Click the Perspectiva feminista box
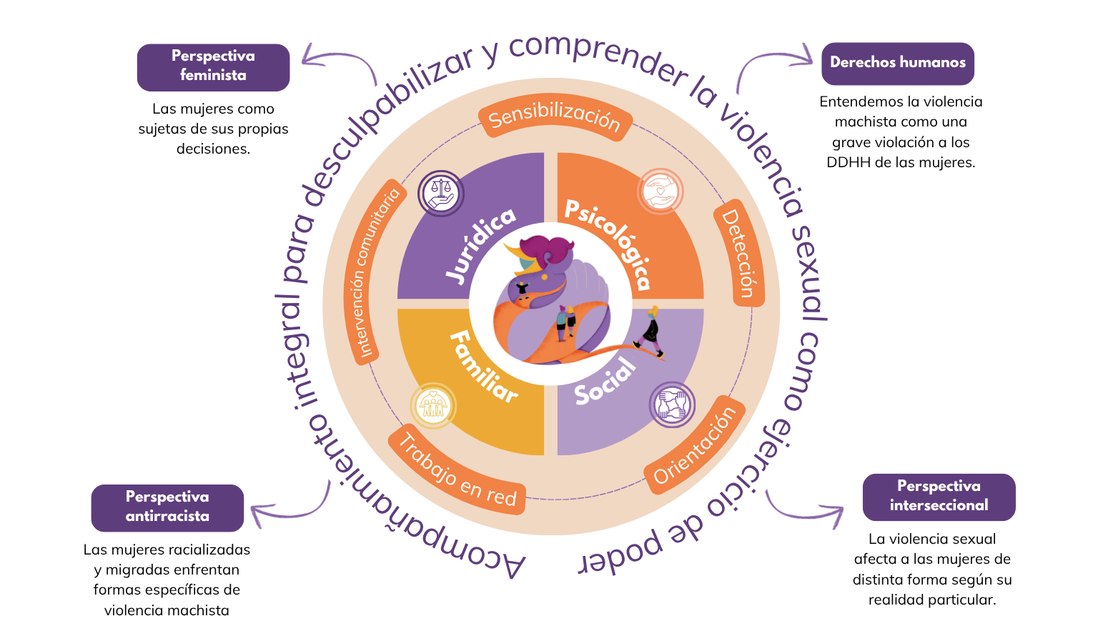coord(213,66)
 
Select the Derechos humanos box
coord(897,63)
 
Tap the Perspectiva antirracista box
coord(167,507)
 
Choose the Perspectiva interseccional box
coord(939,496)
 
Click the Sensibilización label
coord(555,119)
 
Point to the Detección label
coord(738,253)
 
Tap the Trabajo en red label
coord(457,472)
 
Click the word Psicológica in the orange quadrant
coord(608,243)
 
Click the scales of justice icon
coord(441,193)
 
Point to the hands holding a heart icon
coord(661,192)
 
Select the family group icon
coord(432,405)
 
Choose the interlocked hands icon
coord(672,404)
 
